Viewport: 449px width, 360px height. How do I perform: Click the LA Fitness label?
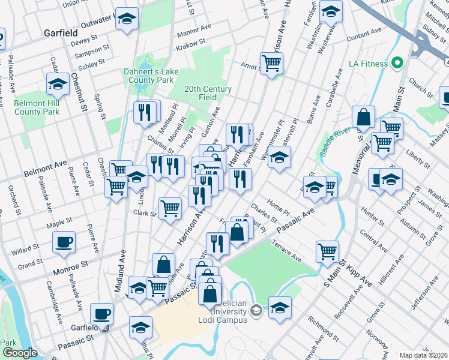[x=367, y=63]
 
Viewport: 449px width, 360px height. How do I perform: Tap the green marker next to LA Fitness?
[x=397, y=63]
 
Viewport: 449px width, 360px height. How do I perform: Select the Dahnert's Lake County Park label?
[x=149, y=76]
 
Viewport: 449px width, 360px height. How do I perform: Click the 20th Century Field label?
[x=208, y=93]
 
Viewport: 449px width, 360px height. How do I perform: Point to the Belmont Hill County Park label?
[x=37, y=107]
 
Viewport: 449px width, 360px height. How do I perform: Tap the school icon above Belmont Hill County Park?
[x=58, y=84]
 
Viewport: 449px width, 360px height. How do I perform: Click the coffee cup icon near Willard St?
[x=63, y=242]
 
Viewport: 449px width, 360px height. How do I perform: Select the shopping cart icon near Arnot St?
[x=272, y=62]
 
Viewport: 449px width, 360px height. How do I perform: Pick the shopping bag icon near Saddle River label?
[x=364, y=117]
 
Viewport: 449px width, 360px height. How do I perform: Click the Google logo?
[x=20, y=353]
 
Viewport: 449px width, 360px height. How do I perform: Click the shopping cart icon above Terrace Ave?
[x=327, y=250]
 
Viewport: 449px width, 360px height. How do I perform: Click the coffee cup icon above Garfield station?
[x=101, y=313]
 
